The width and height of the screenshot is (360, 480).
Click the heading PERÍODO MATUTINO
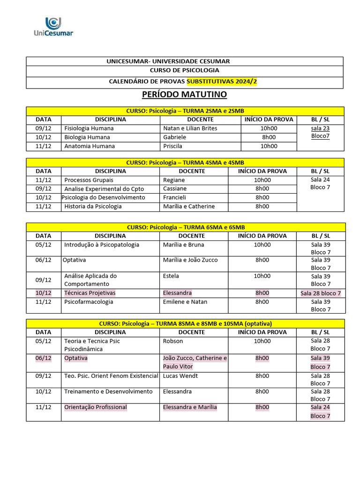point(184,95)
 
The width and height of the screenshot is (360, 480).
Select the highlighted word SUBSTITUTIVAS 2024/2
point(222,82)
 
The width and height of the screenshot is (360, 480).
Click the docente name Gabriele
point(174,137)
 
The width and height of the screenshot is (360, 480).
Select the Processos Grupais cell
point(89,180)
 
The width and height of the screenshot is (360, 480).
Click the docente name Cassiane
point(174,189)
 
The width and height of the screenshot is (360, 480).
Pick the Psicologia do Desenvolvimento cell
point(103,198)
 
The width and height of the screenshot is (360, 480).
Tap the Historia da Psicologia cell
point(93,207)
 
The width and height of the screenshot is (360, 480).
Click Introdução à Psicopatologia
point(101,245)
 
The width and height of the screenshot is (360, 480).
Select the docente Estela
point(171,276)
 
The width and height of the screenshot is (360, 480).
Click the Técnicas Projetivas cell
point(90,293)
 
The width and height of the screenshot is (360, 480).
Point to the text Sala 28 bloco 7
point(321,293)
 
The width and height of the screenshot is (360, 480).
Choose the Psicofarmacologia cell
point(89,302)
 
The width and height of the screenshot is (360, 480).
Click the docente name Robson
point(172,341)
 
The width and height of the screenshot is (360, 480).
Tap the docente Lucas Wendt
point(180,376)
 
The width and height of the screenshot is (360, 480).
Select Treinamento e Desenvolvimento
point(108,391)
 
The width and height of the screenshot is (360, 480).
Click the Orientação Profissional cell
point(96,407)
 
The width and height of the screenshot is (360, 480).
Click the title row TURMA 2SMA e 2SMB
point(185,111)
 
